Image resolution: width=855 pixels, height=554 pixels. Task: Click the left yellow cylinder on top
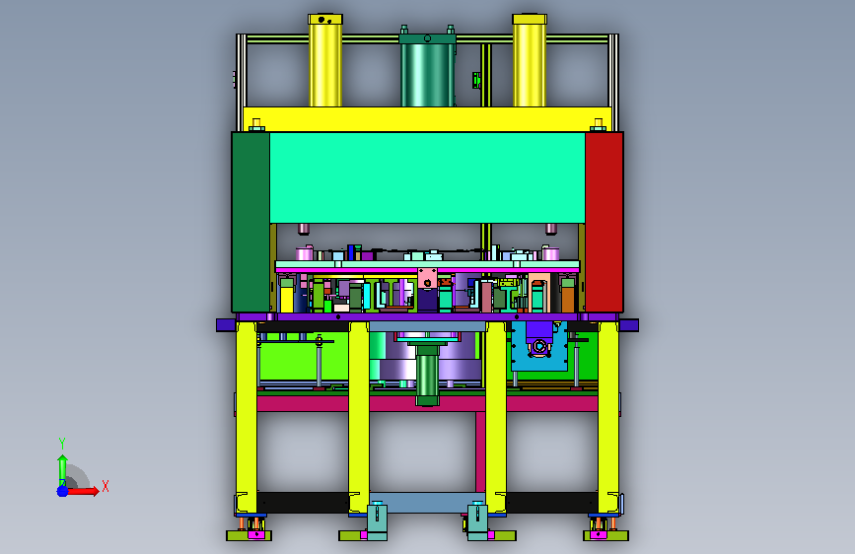pyautogui.click(x=325, y=60)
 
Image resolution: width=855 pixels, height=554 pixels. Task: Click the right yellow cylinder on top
pyautogui.click(x=530, y=60)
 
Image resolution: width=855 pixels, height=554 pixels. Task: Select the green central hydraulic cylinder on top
pyautogui.click(x=428, y=70)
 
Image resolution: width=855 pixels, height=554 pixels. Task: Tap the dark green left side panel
pyautogui.click(x=250, y=222)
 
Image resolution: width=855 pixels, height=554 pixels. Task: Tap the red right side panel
pyautogui.click(x=605, y=222)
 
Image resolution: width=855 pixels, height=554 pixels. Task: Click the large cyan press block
pyautogui.click(x=428, y=177)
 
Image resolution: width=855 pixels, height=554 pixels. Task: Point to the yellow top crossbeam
pyautogui.click(x=428, y=119)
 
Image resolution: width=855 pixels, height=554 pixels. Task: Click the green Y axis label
pyautogui.click(x=62, y=443)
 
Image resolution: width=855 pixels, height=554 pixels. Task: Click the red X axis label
pyautogui.click(x=106, y=486)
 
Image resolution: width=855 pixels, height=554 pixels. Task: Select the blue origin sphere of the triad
pyautogui.click(x=63, y=491)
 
